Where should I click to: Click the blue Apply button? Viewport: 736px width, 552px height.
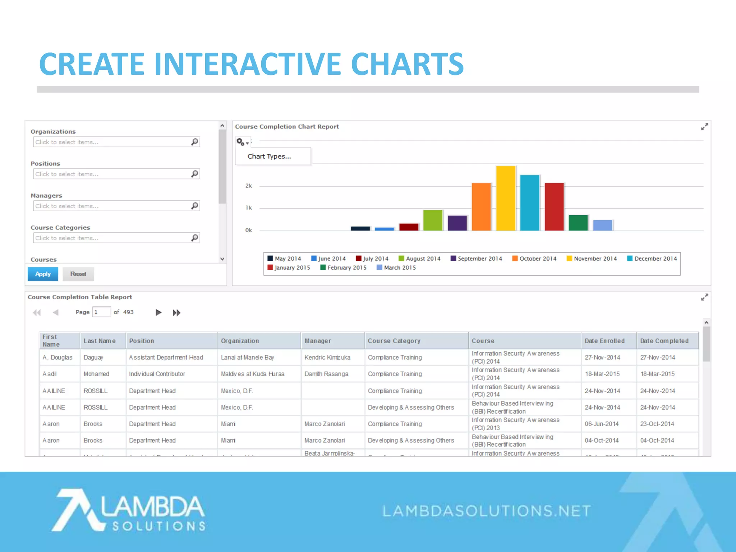pyautogui.click(x=43, y=274)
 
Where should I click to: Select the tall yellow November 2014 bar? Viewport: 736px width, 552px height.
pyautogui.click(x=506, y=198)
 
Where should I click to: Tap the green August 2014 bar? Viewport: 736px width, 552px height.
pyautogui.click(x=433, y=220)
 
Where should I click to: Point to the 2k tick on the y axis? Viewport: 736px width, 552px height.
pyautogui.click(x=248, y=186)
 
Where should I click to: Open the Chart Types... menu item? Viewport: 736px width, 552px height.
pyautogui.click(x=269, y=156)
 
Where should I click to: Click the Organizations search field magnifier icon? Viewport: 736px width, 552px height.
pyautogui.click(x=194, y=142)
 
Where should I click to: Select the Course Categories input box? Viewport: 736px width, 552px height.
pyautogui.click(x=111, y=238)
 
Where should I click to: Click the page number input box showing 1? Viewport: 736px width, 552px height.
pyautogui.click(x=101, y=312)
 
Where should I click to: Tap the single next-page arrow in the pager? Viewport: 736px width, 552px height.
pyautogui.click(x=158, y=312)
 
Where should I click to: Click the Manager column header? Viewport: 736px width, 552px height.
pyautogui.click(x=318, y=341)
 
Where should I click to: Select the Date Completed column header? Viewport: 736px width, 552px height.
pyautogui.click(x=664, y=341)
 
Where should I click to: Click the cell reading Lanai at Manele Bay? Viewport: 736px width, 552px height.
pyautogui.click(x=247, y=358)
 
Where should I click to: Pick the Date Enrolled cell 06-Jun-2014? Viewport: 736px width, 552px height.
pyautogui.click(x=602, y=424)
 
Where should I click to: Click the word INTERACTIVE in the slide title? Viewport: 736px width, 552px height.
pyautogui.click(x=248, y=64)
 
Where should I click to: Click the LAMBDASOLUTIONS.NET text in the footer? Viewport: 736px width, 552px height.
pyautogui.click(x=486, y=511)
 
